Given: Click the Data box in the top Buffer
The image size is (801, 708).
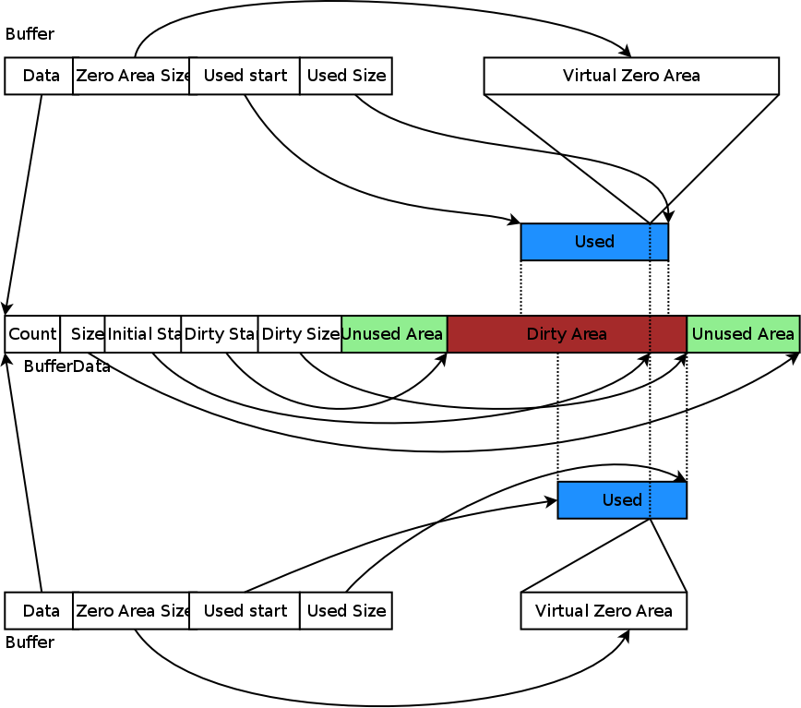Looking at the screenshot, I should (x=39, y=76).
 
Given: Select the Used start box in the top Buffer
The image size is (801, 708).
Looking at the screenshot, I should (x=245, y=76).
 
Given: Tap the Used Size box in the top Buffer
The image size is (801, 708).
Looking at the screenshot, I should (x=346, y=76).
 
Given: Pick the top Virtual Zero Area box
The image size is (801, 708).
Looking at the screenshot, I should (x=631, y=76).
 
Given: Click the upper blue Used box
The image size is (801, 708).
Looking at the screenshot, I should (x=594, y=242).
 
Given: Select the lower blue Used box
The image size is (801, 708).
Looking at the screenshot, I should (x=622, y=500).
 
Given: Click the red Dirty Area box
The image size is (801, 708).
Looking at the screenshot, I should (x=567, y=334).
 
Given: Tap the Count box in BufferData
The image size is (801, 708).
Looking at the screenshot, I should (x=32, y=334).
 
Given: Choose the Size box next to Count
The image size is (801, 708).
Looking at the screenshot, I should (x=83, y=334).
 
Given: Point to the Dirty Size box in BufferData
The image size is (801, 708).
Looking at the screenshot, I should (x=300, y=334).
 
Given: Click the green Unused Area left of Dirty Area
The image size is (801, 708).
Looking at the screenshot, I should (x=394, y=334).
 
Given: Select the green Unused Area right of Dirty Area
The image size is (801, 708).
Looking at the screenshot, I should (x=743, y=334).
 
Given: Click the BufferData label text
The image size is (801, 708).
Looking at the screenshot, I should (x=66, y=366).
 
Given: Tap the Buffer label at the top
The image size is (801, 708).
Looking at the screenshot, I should (x=30, y=34).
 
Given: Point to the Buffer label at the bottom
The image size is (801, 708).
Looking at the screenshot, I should (x=30, y=642).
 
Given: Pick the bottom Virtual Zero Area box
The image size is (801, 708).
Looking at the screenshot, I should (x=604, y=611).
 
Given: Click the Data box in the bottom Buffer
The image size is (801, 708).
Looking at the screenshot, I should (x=39, y=611).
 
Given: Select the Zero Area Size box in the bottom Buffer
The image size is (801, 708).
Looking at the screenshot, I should (x=131, y=611).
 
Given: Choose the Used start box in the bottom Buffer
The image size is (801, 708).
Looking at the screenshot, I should (x=245, y=611).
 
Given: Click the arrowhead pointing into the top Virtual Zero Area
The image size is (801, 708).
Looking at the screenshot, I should (x=628, y=52).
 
